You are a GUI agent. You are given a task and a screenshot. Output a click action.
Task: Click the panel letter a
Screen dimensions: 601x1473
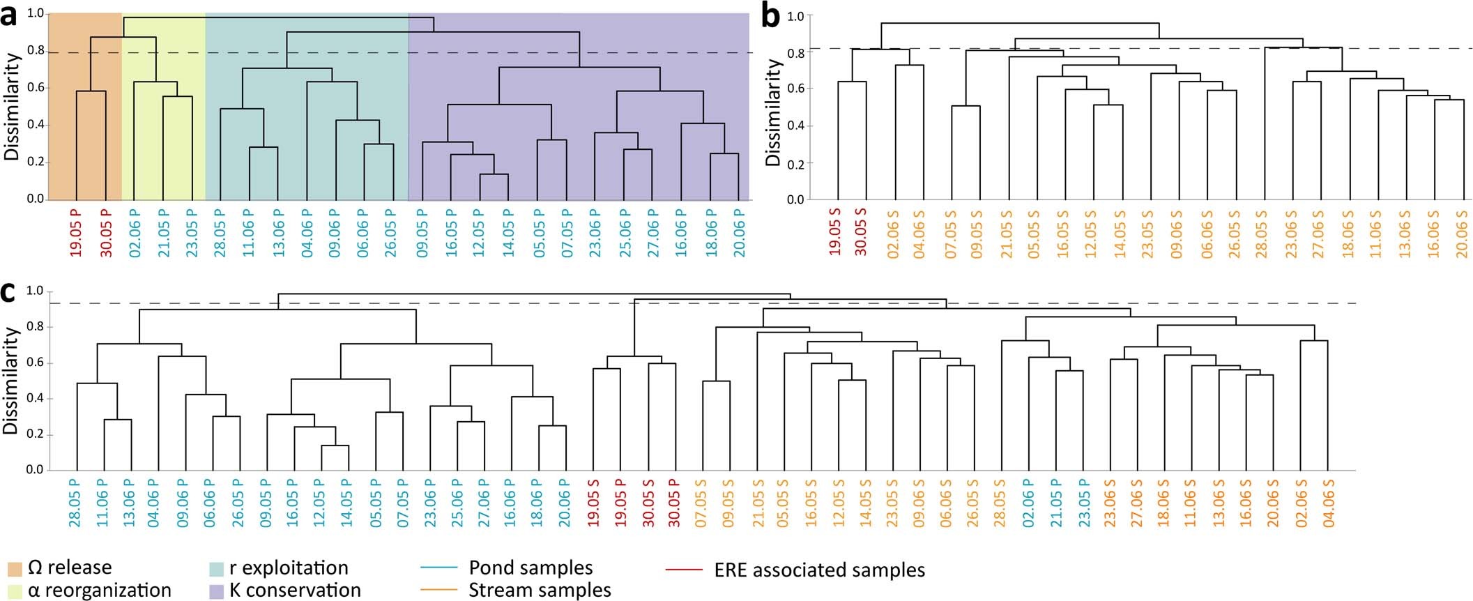tap(10, 15)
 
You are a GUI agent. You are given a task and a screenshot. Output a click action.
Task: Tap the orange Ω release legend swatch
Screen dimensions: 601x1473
tap(15, 569)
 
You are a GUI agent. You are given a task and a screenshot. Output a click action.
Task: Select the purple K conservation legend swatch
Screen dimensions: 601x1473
tap(217, 591)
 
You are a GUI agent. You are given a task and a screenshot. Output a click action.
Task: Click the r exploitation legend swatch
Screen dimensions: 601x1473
tap(217, 569)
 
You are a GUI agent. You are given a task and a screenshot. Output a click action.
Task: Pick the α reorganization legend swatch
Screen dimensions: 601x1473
tap(15, 591)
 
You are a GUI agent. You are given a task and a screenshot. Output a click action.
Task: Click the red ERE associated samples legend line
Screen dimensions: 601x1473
tap(684, 570)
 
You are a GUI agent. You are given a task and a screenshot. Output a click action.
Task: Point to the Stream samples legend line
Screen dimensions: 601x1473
tap(439, 591)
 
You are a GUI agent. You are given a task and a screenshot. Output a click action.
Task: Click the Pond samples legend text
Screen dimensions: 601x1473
tap(531, 568)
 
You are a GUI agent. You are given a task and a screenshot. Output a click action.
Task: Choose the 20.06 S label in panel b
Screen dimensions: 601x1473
tap(1461, 233)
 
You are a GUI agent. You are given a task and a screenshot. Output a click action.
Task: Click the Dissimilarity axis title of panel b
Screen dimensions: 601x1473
tap(772, 112)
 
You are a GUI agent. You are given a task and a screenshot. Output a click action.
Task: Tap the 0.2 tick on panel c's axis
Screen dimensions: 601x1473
tap(35, 434)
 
